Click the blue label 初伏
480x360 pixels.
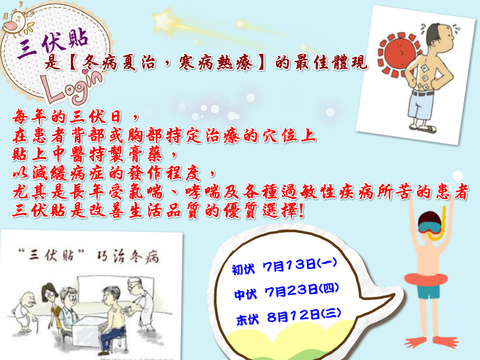(x=243, y=269)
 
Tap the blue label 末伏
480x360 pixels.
(x=247, y=320)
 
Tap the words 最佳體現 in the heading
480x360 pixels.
(x=330, y=63)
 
